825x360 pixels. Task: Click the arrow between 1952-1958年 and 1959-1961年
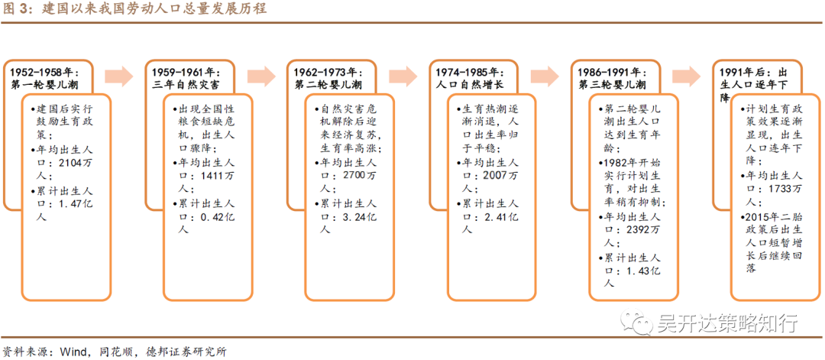pyautogui.click(x=118, y=76)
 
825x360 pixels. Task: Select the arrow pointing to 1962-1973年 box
pyautogui.click(x=260, y=76)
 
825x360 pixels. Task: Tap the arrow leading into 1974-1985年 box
pyautogui.click(x=403, y=76)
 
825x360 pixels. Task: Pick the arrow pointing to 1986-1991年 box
pyautogui.click(x=545, y=76)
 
